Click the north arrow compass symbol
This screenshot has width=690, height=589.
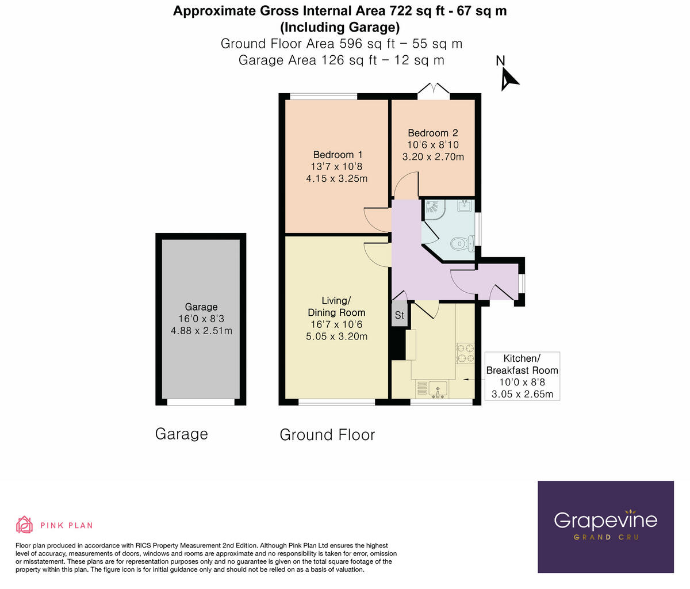[508, 78]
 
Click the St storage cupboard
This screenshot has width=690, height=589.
[399, 316]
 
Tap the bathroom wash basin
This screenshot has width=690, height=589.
[465, 205]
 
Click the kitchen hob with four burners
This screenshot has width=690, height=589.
[465, 353]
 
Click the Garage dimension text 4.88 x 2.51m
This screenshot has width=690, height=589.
[201, 331]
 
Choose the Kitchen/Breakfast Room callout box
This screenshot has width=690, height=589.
[522, 376]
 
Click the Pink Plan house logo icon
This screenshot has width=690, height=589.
[25, 525]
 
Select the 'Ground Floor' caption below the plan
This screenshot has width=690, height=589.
[327, 435]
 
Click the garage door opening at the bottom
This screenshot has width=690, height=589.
[201, 402]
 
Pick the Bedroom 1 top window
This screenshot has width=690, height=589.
[323, 96]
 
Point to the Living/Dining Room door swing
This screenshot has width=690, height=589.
[377, 254]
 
